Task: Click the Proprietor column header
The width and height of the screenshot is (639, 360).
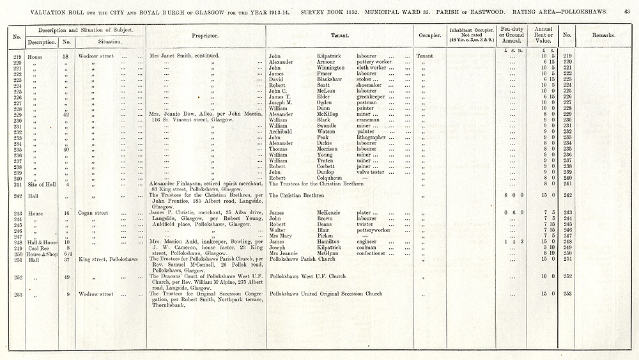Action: pyautogui.click(x=206, y=35)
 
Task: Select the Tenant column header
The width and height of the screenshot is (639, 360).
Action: pyautogui.click(x=339, y=35)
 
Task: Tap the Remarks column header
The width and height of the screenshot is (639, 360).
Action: pyautogui.click(x=603, y=35)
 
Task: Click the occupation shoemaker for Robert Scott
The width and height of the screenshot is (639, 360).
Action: pyautogui.click(x=369, y=85)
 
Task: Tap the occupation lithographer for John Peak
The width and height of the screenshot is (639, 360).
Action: pyautogui.click(x=371, y=137)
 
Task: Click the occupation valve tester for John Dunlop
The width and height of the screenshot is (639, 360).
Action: pyautogui.click(x=371, y=172)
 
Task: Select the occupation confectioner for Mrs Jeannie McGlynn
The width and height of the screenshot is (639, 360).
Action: pyautogui.click(x=374, y=253)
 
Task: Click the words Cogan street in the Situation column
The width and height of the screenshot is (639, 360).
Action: pyautogui.click(x=93, y=213)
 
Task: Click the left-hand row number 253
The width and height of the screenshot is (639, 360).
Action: pyautogui.click(x=17, y=294)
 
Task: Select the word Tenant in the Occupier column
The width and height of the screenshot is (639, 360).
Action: pyautogui.click(x=424, y=56)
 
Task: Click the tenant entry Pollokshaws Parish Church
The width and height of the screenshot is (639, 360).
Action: pyautogui.click(x=302, y=259)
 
